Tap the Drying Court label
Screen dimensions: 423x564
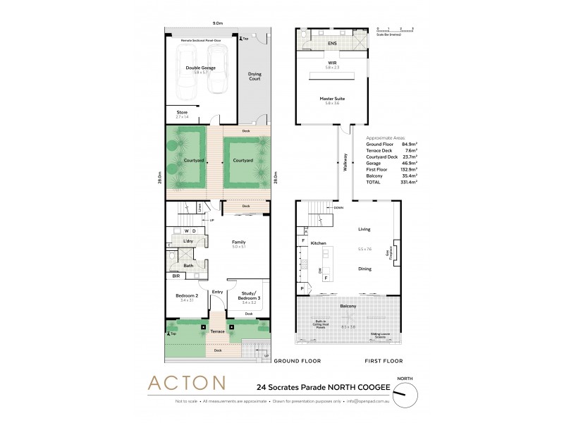pos(254,76)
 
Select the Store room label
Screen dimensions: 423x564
pos(182,111)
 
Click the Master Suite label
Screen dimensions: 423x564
pos(327,99)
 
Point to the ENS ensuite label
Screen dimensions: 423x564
pos(332,44)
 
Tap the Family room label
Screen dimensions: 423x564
pos(238,242)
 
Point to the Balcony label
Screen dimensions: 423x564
pos(346,306)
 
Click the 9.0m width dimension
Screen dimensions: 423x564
pos(218,23)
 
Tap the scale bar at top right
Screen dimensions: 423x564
pos(395,31)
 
